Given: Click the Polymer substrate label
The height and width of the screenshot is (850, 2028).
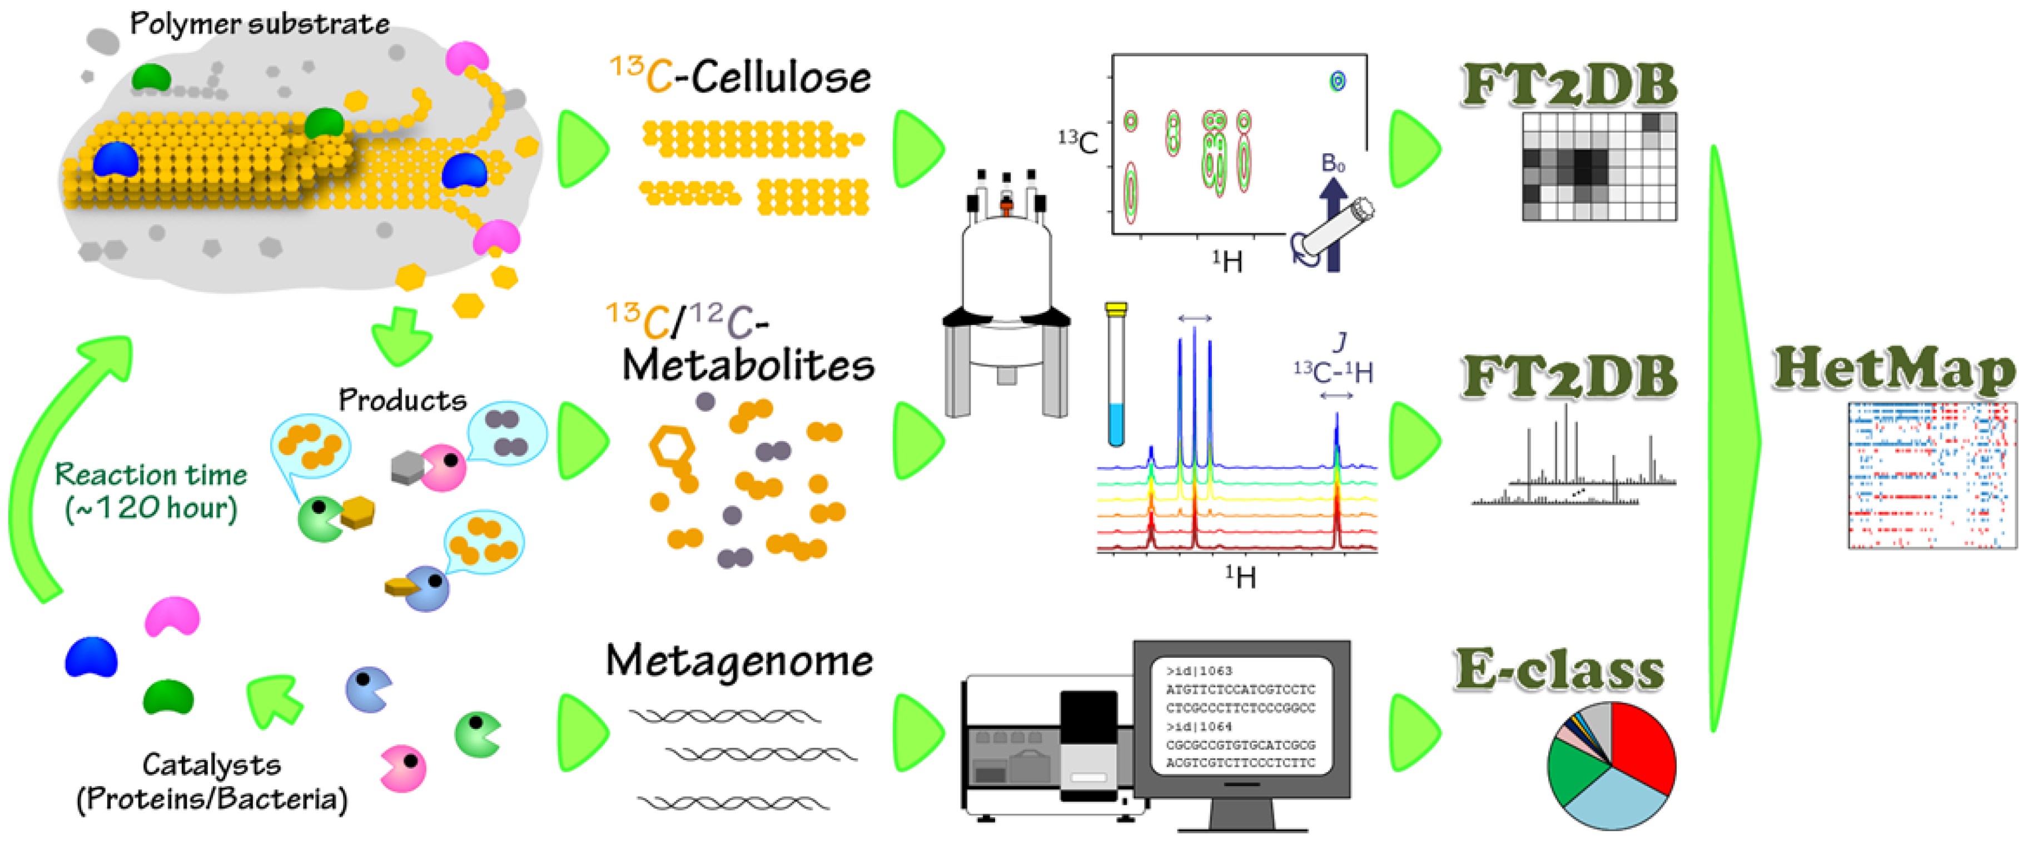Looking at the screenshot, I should tap(259, 23).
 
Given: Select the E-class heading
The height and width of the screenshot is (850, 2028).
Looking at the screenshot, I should tap(1559, 671).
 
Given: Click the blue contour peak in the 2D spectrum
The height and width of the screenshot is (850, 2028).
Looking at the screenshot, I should tap(1337, 80).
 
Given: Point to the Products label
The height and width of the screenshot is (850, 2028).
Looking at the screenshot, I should tap(402, 400).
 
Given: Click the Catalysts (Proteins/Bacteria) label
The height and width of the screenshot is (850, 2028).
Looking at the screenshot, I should tap(212, 782).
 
